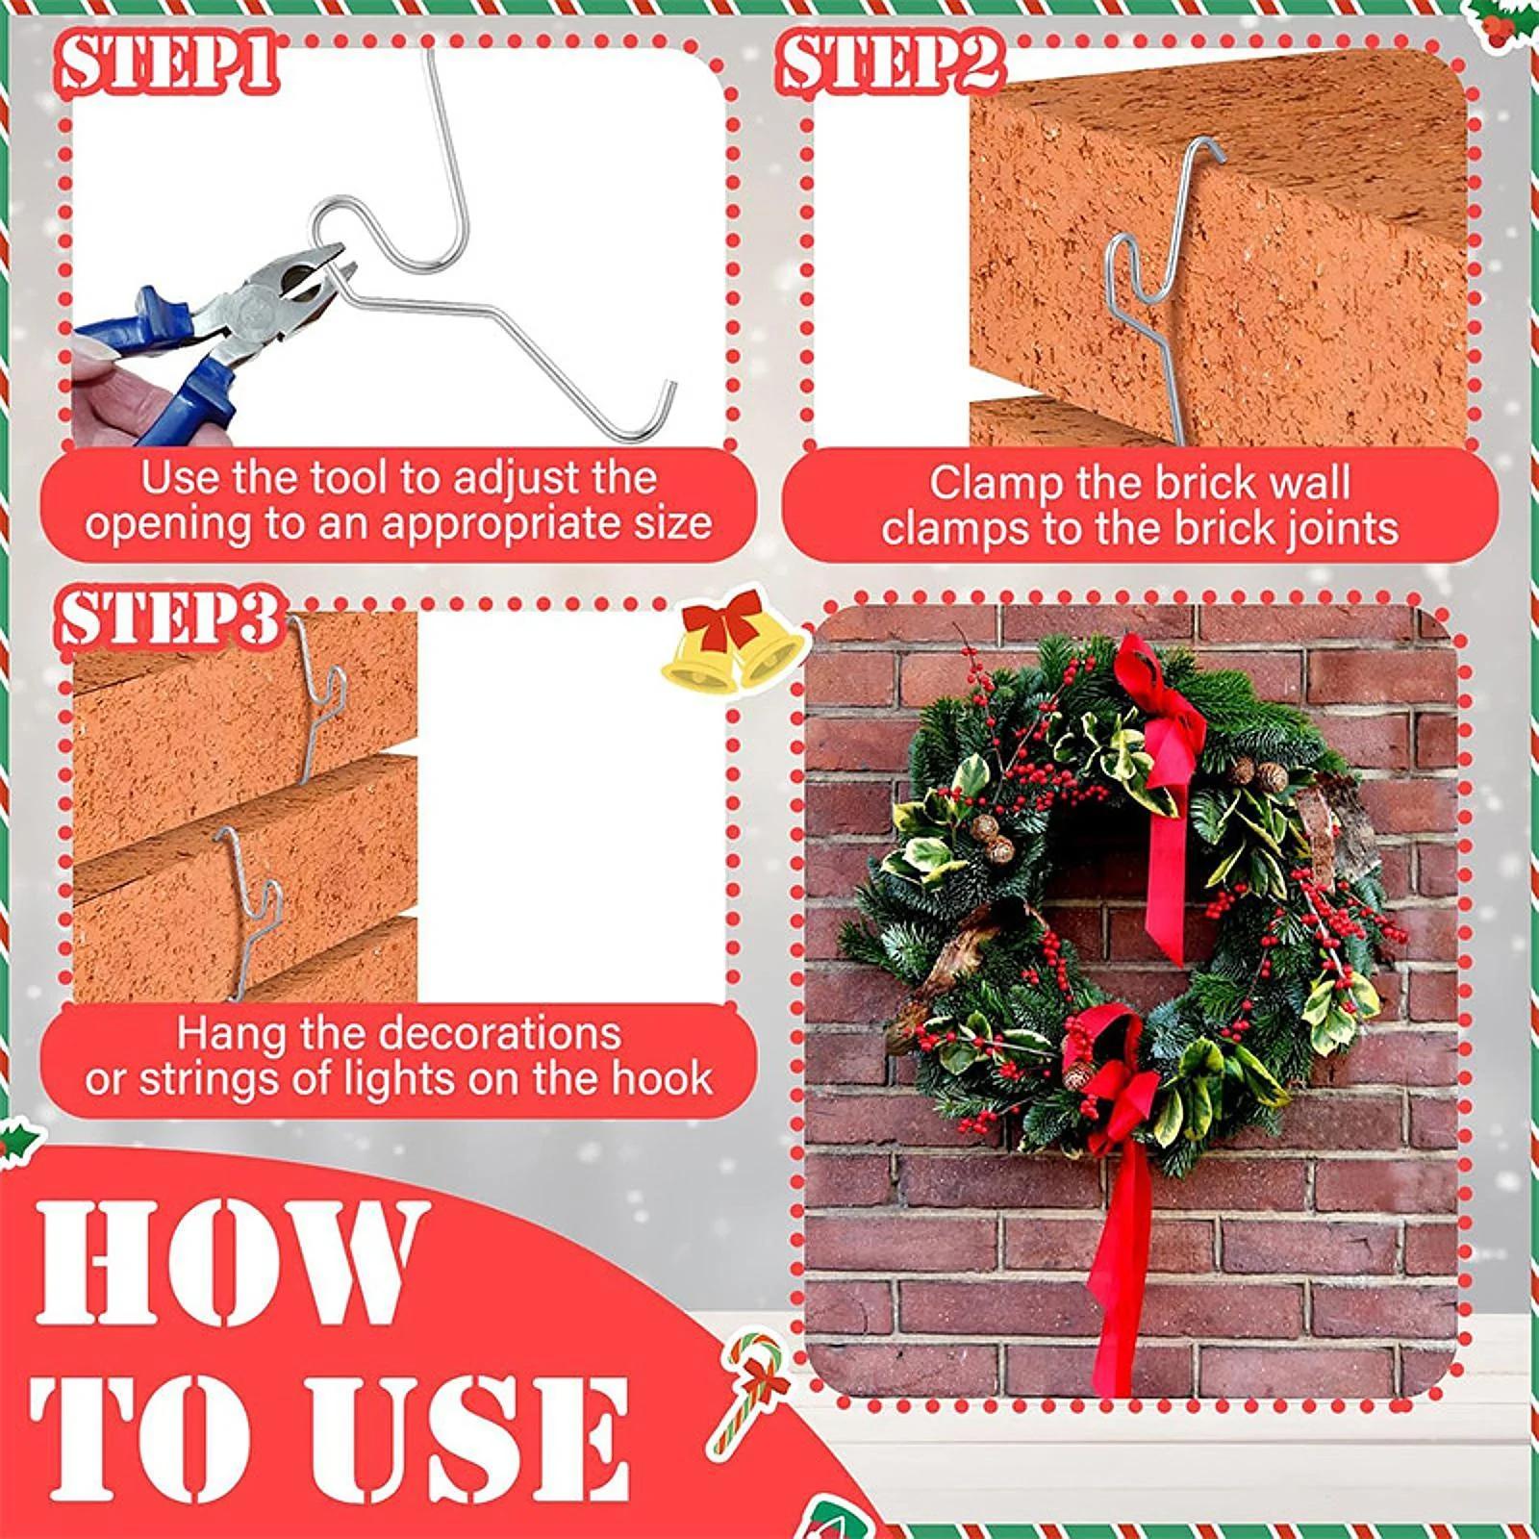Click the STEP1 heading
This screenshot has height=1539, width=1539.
169,63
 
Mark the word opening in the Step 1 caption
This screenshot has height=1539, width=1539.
153,525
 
